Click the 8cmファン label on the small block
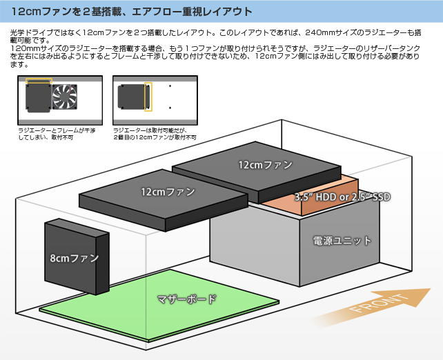(74, 258)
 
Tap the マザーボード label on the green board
(186, 299)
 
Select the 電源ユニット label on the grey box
(342, 241)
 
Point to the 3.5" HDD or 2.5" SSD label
(343, 197)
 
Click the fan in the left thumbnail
(65, 97)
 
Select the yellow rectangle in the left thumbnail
(39, 82)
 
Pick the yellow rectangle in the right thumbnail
(148, 97)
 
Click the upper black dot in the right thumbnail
(170, 86)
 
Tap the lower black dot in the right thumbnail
(170, 108)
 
